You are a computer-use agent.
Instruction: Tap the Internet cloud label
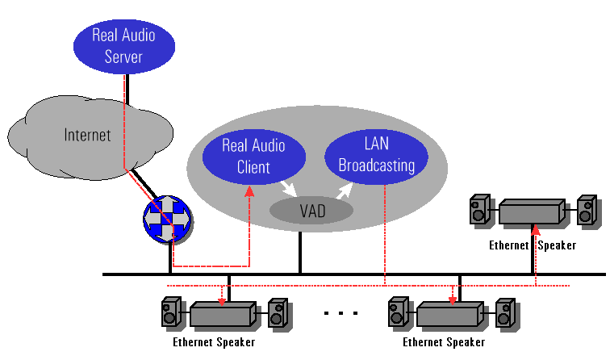[x=87, y=134]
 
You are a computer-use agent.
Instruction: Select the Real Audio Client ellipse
[x=254, y=157]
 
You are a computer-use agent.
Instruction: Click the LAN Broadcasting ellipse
[x=376, y=155]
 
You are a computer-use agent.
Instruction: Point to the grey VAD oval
[x=312, y=211]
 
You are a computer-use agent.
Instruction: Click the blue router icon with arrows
[x=168, y=218]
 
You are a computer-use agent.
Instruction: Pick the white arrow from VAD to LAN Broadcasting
[x=345, y=190]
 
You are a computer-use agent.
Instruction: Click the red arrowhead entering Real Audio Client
[x=249, y=190]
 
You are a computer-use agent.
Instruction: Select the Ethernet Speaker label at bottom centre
[x=443, y=341]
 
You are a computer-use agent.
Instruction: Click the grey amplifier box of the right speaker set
[x=531, y=212]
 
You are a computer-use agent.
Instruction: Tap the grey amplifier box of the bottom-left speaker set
[x=223, y=312]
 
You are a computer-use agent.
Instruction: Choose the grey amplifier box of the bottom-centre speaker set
[x=450, y=312]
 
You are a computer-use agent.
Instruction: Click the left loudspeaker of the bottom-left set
[x=171, y=312]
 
